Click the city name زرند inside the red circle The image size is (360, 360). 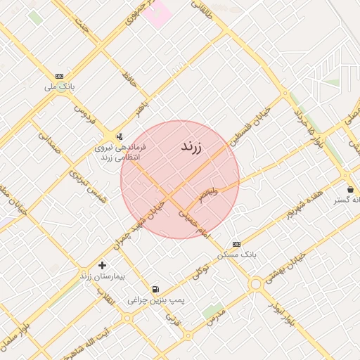coord(191,147)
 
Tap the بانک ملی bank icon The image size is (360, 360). coord(59,76)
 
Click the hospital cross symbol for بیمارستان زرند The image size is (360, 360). coord(103,265)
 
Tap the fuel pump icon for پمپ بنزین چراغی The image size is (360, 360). coord(155,288)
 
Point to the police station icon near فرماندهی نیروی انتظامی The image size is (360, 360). coord(119,136)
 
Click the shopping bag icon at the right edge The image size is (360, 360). coord(350,189)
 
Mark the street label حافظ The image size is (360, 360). coord(129,82)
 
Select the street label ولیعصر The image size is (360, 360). coord(208,193)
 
